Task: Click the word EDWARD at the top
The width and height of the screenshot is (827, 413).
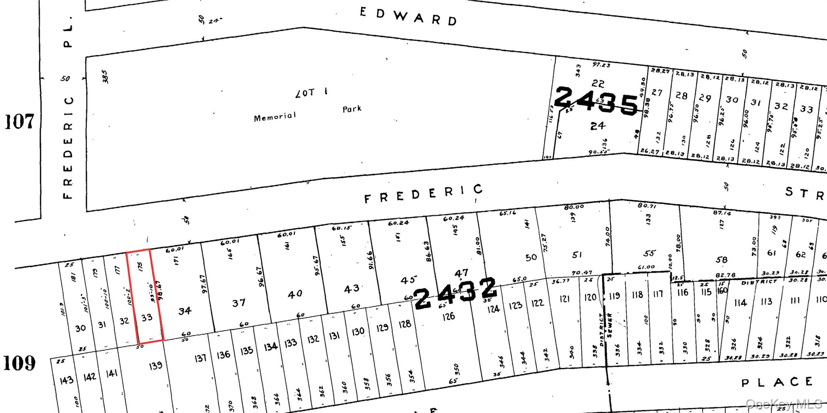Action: coord(408,17)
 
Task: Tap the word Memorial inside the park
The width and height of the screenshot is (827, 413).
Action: coord(275,117)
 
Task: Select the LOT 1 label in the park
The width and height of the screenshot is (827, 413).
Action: coord(311,93)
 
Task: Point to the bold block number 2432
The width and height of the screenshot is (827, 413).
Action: coord(455,293)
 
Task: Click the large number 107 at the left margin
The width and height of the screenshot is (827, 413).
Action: coord(19,121)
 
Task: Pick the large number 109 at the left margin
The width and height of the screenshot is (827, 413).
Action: coord(19,363)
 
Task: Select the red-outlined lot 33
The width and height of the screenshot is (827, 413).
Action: coord(147,317)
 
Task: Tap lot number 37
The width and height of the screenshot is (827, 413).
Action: coord(239,303)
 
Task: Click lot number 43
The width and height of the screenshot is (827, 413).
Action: coord(352,288)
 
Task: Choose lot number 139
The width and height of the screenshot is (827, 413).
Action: coord(155,365)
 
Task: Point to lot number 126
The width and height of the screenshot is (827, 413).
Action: coord(449,317)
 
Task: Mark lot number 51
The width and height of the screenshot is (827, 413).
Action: coord(577,255)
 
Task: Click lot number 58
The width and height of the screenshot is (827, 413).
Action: coord(722,260)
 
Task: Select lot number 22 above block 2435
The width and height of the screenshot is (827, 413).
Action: coord(598,83)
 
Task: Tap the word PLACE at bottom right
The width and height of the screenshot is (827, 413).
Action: coord(777,382)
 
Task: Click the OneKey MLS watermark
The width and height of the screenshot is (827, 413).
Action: coord(783,404)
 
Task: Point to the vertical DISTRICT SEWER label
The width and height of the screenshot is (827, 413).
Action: coord(606,329)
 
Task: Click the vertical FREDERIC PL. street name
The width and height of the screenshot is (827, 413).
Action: coord(68,109)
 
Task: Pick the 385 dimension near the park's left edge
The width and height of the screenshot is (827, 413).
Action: coord(105,77)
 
